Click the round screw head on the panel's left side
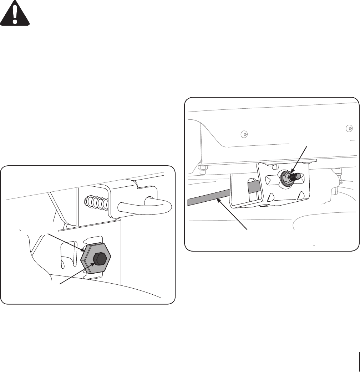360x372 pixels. pos(244,134)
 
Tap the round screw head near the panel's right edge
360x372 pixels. pos(349,128)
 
